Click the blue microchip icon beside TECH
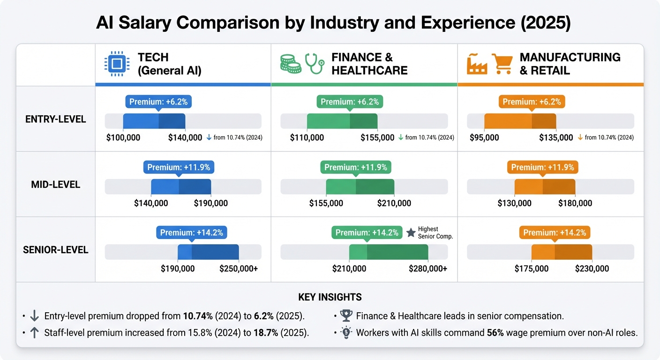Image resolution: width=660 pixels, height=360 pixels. click(116, 64)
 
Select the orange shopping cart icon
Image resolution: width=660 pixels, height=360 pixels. click(502, 64)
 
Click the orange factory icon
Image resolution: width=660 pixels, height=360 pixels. click(477, 64)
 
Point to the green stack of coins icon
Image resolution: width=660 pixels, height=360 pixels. click(290, 64)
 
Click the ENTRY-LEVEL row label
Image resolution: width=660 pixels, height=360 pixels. click(56, 119)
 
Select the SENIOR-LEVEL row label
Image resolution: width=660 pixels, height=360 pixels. click(56, 250)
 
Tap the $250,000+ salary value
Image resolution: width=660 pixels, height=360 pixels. click(239, 269)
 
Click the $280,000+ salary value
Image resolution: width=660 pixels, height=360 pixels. click(428, 269)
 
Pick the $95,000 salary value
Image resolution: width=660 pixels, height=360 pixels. click(484, 137)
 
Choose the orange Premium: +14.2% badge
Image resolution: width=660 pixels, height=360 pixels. click(555, 233)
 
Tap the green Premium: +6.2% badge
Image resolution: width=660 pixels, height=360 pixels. click(350, 102)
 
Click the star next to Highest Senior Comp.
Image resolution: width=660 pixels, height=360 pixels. click(411, 232)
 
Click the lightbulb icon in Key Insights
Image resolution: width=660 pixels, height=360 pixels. click(346, 333)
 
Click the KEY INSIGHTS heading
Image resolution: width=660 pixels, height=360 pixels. click(330, 297)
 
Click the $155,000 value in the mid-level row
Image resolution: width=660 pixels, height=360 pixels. click(326, 203)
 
